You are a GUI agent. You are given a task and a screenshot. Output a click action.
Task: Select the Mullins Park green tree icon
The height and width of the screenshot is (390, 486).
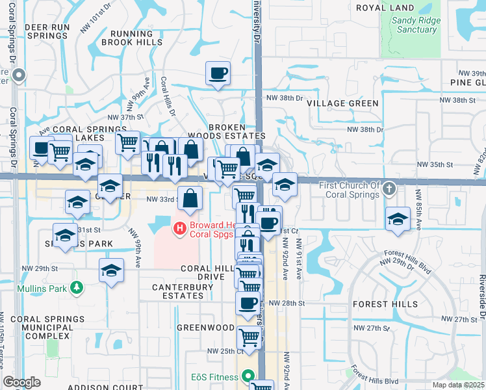coord(77,287)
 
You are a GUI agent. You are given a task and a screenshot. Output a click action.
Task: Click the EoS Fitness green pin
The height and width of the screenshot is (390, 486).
coord(247,376)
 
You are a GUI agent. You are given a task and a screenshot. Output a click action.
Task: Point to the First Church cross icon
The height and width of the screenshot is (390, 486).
coord(389,188)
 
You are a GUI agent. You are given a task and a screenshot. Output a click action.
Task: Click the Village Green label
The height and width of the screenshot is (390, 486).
coord(342,103)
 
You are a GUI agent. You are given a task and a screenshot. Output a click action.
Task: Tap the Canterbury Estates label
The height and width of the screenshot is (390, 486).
coord(177,291)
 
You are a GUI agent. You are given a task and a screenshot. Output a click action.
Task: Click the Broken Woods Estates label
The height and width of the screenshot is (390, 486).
coord(227,131)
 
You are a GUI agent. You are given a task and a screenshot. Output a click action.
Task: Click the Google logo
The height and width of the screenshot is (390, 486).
coord(21,383)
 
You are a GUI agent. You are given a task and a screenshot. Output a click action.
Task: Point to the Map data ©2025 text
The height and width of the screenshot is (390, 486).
coord(459,385)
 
